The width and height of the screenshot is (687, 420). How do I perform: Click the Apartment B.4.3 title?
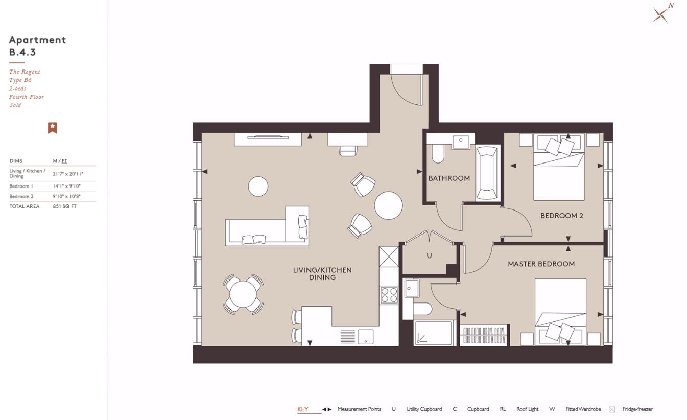click(x=37, y=46)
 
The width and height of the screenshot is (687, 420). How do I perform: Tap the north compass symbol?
click(x=661, y=14)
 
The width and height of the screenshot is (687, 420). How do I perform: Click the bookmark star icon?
click(x=52, y=128)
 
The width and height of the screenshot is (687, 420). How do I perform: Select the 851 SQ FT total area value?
click(x=64, y=206)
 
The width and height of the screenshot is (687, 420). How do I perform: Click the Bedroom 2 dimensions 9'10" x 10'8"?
click(x=66, y=196)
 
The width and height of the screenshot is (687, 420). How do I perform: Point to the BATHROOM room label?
click(x=449, y=178)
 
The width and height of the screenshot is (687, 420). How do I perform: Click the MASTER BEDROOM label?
click(x=541, y=264)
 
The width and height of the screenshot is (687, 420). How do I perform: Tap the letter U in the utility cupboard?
click(x=429, y=255)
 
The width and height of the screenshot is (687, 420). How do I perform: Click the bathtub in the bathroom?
click(x=486, y=173)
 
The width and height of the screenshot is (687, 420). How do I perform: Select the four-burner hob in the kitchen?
click(x=389, y=295)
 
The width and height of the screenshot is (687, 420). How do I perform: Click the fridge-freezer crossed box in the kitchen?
click(x=388, y=256)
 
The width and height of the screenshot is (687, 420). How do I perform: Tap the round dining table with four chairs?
click(x=243, y=294)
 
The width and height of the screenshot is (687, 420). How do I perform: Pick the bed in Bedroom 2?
click(x=559, y=169)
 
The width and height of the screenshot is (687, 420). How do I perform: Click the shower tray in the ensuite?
click(x=434, y=333)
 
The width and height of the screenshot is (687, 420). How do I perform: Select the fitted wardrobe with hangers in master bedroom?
click(x=483, y=336)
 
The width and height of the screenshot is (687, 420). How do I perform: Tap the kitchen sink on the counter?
click(x=365, y=337)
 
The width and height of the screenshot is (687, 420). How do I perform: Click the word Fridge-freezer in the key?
click(x=637, y=409)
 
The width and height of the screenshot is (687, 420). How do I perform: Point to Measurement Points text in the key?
click(x=359, y=409)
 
